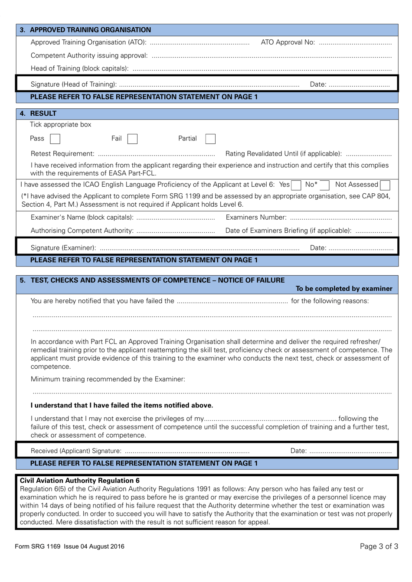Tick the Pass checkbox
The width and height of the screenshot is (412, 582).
[x=55, y=139]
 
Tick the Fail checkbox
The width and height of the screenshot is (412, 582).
[x=132, y=139]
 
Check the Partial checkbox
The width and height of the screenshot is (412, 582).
[x=210, y=139]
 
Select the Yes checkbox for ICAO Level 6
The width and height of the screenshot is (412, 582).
[x=296, y=185]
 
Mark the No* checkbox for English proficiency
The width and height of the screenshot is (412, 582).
[x=324, y=185]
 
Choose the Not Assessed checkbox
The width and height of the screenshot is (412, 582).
[x=385, y=185]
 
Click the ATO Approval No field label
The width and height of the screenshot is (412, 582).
[x=288, y=42]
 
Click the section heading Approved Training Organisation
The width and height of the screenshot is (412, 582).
[x=90, y=30]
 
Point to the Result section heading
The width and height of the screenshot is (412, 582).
[x=43, y=114]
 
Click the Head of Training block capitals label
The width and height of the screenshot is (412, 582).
[x=79, y=68]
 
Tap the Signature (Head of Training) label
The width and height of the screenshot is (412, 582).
[x=73, y=85]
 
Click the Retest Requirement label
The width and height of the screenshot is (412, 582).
[x=62, y=154]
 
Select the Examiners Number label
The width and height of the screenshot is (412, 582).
[x=256, y=218]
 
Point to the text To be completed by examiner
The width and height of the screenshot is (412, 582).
[x=343, y=289]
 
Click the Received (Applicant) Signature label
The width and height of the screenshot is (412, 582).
[x=76, y=451]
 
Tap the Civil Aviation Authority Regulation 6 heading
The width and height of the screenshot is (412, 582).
[x=80, y=481]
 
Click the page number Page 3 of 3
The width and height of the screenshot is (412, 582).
[x=379, y=546]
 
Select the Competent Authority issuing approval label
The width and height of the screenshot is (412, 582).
[x=89, y=55]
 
